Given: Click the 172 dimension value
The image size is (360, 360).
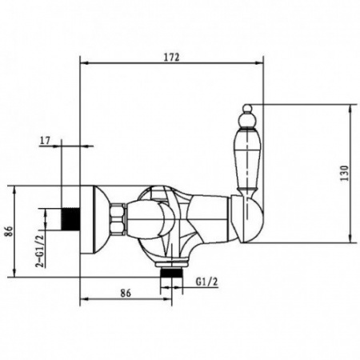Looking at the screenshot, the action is [172, 57].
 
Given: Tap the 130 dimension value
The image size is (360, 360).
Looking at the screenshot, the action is [345, 173].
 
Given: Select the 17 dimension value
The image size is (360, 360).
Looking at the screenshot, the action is [45, 140].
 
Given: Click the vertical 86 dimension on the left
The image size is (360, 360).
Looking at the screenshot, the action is [10, 231].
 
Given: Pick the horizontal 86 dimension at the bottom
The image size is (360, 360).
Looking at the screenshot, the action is [126, 293].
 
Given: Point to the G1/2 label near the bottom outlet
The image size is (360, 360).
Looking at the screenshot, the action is [206, 282].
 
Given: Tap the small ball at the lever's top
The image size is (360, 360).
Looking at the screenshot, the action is [247, 108].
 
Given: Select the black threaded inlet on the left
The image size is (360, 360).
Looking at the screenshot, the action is [70, 218].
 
